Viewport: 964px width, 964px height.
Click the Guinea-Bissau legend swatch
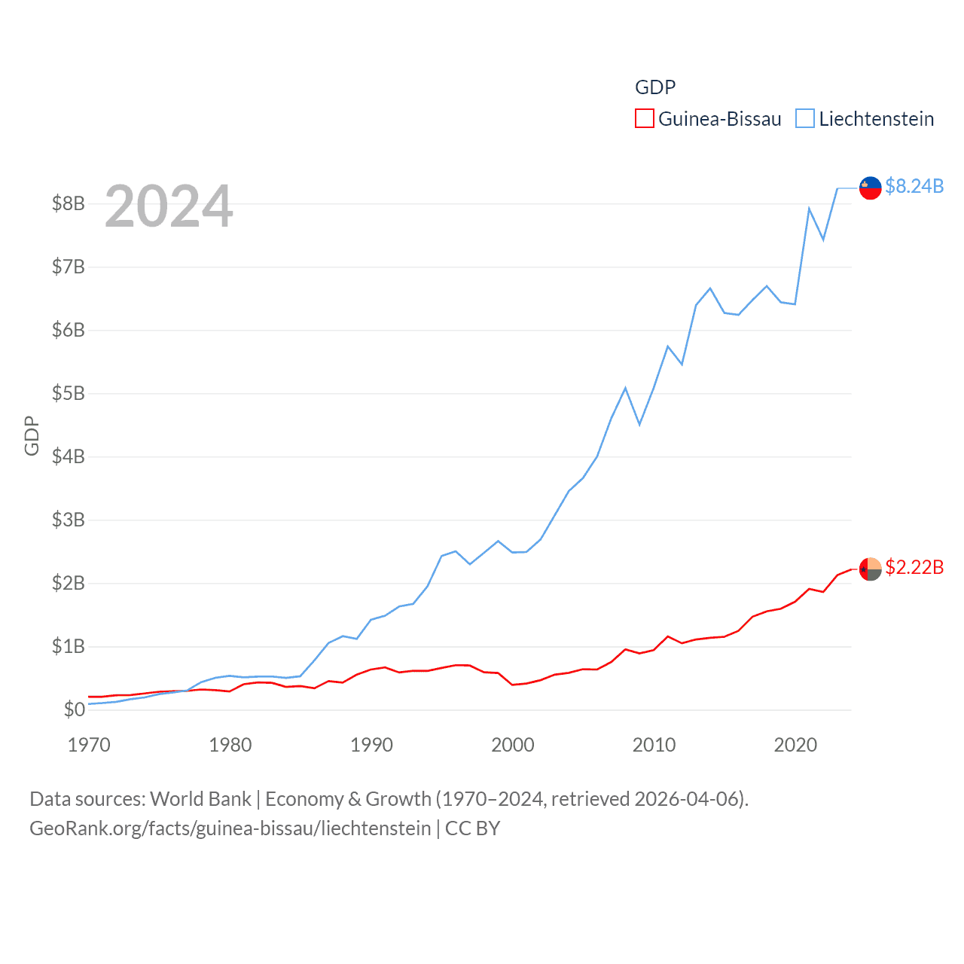(645, 119)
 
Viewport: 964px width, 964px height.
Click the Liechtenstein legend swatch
(805, 119)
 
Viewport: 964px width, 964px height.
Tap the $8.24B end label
(914, 186)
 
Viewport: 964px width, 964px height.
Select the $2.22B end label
(914, 567)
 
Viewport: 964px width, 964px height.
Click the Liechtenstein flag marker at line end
(871, 188)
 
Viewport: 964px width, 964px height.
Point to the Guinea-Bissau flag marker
(871, 569)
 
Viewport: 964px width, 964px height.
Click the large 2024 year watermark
(169, 206)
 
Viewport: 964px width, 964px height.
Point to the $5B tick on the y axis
(68, 393)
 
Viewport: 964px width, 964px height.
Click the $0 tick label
(74, 709)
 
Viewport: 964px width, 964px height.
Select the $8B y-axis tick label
(68, 203)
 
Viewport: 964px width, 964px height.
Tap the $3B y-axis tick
(68, 520)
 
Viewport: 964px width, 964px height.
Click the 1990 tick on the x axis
(371, 745)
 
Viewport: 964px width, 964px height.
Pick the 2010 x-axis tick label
(654, 745)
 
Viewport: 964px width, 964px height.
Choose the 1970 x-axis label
(89, 745)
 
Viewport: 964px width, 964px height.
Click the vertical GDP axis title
(32, 435)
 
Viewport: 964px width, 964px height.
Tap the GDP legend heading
(655, 87)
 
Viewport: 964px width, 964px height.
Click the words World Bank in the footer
(200, 798)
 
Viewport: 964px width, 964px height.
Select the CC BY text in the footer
(472, 828)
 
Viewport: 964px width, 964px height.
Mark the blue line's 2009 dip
(639, 425)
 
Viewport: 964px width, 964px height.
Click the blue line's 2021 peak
(809, 209)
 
